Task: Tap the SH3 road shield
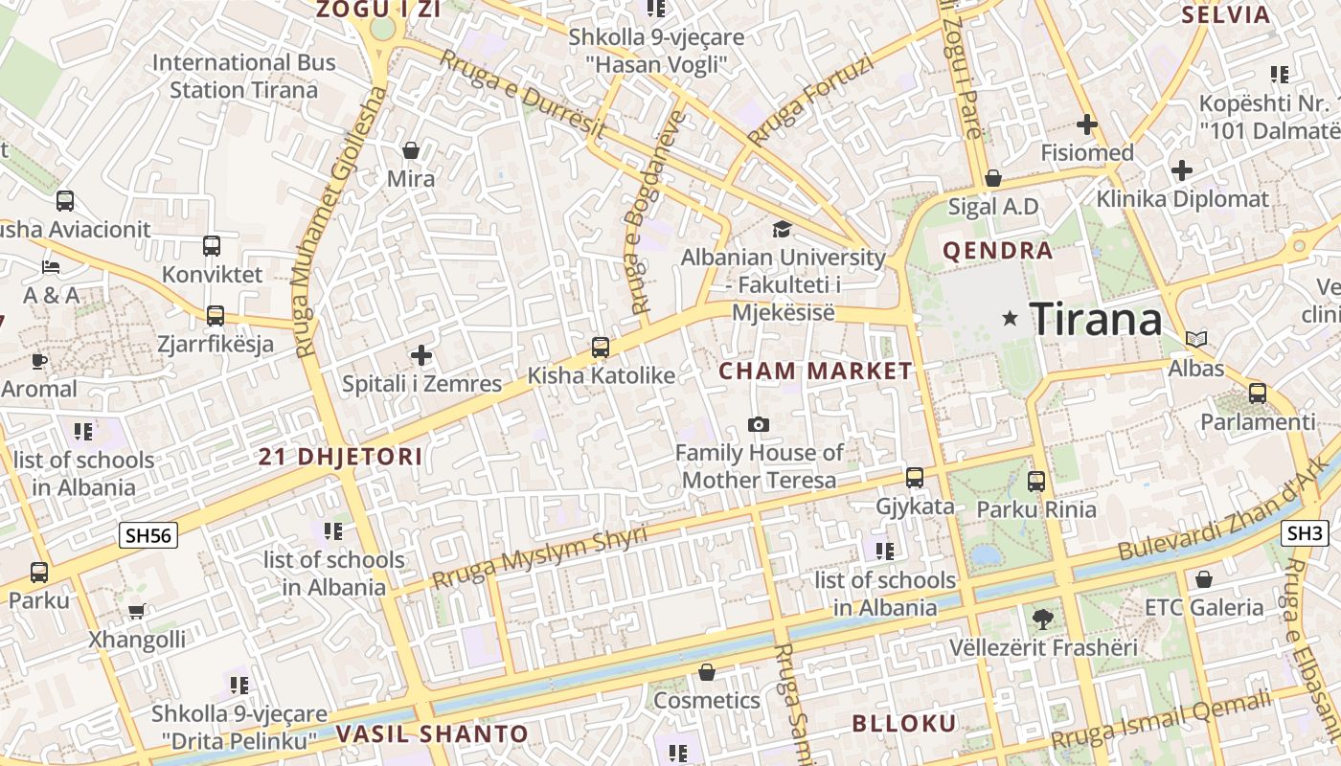click(1305, 533)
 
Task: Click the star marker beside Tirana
click(1010, 318)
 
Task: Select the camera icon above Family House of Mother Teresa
click(759, 424)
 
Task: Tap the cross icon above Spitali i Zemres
click(421, 356)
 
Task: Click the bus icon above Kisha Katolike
click(601, 347)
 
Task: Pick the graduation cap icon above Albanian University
click(783, 229)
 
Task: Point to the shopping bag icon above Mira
click(411, 150)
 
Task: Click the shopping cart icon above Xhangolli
click(137, 611)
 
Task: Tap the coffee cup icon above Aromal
click(38, 361)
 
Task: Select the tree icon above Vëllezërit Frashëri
click(1043, 620)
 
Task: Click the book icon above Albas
click(1196, 339)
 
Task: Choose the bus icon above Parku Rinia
click(1036, 481)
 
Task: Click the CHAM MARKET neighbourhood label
click(815, 372)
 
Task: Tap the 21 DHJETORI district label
click(340, 457)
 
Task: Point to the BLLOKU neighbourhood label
click(903, 723)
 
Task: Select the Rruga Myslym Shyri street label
click(539, 558)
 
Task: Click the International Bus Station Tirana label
click(244, 77)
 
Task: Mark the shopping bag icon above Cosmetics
click(707, 672)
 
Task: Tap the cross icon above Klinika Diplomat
click(1182, 171)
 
